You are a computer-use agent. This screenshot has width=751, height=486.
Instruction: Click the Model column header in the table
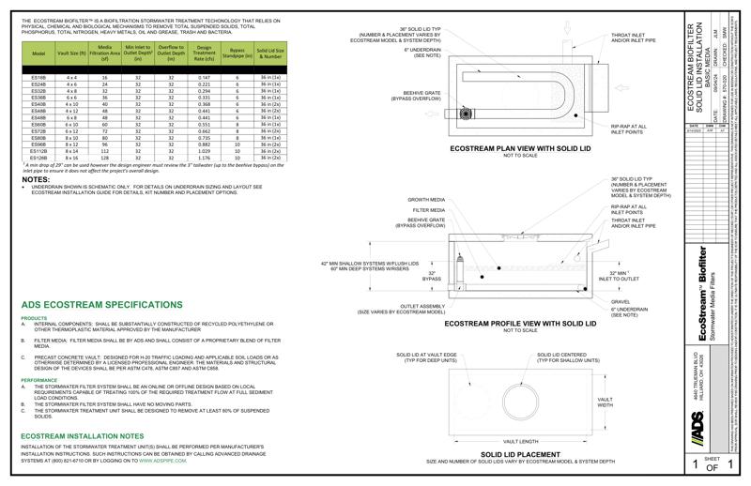[x=38, y=54]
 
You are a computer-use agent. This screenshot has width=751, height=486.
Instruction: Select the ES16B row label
[x=38, y=77]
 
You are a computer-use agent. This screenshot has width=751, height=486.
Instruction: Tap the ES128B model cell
[x=38, y=158]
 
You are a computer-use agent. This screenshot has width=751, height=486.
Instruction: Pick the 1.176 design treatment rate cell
[x=205, y=158]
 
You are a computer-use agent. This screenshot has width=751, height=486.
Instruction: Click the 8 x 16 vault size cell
[x=71, y=158]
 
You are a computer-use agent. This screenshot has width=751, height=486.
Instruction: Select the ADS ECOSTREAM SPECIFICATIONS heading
[x=101, y=305]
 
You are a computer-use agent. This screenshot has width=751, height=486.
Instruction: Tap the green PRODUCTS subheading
[x=34, y=318]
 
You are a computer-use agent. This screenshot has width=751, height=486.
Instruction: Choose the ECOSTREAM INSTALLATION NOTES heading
[x=89, y=435]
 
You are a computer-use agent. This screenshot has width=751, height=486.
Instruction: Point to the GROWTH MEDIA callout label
[x=425, y=200]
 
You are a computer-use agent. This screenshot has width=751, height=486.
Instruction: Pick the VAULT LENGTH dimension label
[x=522, y=440]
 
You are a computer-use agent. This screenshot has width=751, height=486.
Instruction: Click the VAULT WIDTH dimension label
[x=605, y=402]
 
